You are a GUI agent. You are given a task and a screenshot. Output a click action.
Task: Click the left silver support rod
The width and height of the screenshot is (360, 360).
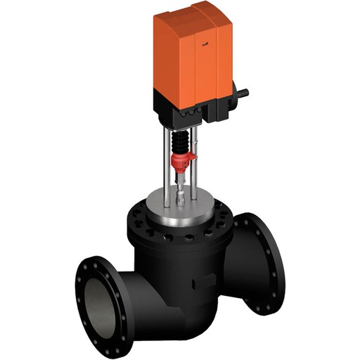click(x=167, y=169)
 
